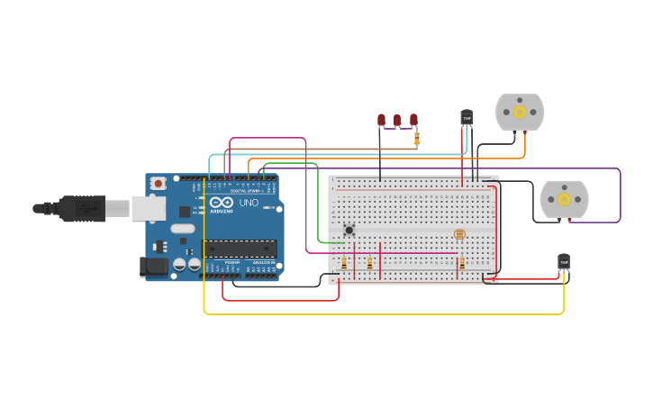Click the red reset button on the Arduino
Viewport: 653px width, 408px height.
[x=159, y=183]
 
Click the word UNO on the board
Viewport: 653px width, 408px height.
[x=248, y=204]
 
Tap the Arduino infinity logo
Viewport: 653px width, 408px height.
[x=222, y=203]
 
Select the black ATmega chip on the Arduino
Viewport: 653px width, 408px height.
[x=239, y=249]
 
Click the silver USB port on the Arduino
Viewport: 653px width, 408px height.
[x=148, y=208]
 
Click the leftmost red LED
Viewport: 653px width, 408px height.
[x=381, y=120]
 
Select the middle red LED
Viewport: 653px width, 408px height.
[x=397, y=120]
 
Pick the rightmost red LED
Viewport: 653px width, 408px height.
[x=413, y=120]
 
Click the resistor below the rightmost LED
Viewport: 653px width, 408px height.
[x=416, y=138]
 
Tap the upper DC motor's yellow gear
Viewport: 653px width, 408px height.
[x=520, y=112]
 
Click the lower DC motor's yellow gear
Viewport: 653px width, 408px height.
[x=564, y=199]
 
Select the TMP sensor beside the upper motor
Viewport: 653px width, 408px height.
[x=467, y=117]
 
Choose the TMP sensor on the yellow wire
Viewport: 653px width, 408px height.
[x=564, y=261]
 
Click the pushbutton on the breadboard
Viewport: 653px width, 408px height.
[x=349, y=230]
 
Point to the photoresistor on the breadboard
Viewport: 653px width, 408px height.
[x=459, y=234]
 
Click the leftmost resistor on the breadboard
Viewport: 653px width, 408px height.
[x=344, y=263]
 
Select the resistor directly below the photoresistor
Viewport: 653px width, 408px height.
[x=462, y=263]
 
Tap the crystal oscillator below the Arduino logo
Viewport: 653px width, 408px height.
[x=183, y=228]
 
